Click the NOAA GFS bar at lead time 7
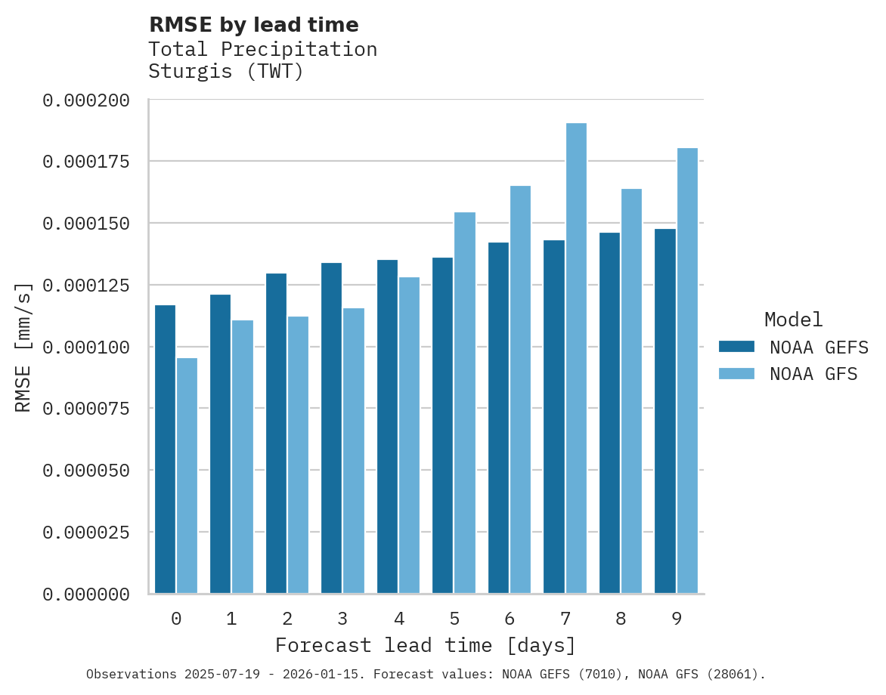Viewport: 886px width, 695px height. [576, 358]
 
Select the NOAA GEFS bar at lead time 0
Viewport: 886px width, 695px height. [165, 449]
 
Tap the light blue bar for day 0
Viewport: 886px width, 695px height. [187, 475]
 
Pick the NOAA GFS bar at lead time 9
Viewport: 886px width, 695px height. [687, 370]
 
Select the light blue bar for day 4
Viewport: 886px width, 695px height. [409, 435]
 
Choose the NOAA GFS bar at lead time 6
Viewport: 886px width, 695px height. [520, 389]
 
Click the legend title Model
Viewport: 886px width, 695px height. [793, 320]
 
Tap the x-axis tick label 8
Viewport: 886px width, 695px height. [621, 619]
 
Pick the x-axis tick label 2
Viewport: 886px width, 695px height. [287, 619]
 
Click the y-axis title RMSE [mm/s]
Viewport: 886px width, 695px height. [23, 347]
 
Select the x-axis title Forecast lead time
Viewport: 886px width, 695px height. [426, 646]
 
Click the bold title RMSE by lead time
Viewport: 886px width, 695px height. [253, 25]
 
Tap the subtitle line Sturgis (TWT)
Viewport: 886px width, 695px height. [225, 72]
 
